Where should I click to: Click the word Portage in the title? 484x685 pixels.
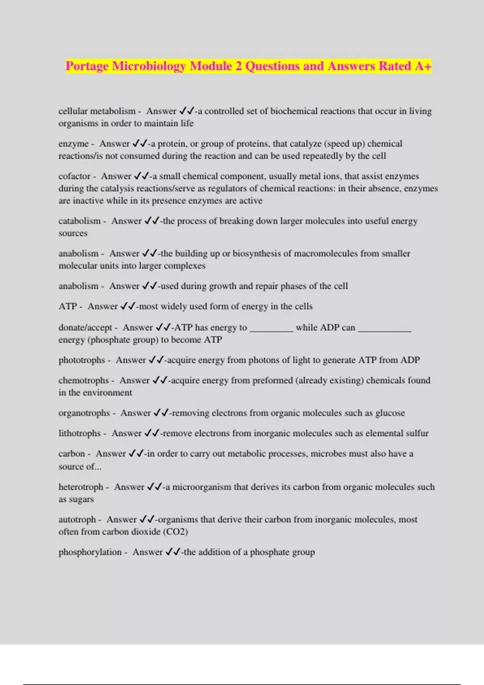point(87,66)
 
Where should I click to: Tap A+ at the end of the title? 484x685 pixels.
point(423,66)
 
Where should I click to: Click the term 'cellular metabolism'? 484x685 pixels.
point(97,111)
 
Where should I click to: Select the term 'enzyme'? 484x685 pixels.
point(73,144)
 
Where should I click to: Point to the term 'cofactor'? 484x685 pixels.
point(75,176)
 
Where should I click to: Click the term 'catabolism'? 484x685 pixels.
point(79,221)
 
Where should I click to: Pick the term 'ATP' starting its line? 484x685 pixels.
point(67,307)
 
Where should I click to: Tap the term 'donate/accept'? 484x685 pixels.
point(85,328)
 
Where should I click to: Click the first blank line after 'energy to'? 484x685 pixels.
point(271,329)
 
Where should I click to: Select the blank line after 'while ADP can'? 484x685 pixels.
point(384,329)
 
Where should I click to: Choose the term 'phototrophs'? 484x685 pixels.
point(81,360)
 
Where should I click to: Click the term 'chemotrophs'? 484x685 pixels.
point(83,381)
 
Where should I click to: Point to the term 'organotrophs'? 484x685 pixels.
point(84,413)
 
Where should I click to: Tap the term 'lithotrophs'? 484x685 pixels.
point(79,434)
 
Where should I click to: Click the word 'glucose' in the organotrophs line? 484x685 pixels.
point(390,413)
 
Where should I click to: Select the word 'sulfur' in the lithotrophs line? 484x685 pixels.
point(417,434)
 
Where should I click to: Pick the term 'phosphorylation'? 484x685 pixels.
point(90,552)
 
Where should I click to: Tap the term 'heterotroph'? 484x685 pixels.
point(81,487)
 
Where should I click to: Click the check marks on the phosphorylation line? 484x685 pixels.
point(173,552)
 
